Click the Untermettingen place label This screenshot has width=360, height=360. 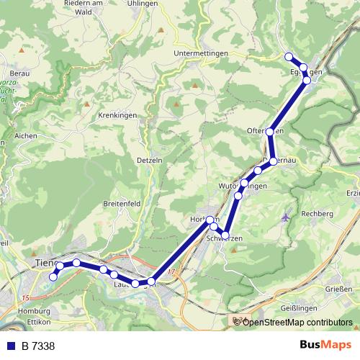click(201, 53)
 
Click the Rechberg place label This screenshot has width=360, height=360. click(317, 214)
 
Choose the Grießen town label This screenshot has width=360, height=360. click(339, 289)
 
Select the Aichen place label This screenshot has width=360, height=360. click(25, 135)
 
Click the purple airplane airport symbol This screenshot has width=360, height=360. click(289, 216)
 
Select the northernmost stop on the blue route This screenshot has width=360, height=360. click(289, 57)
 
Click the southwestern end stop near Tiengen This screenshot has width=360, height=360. click(53, 276)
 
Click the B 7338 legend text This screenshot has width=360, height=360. click(38, 346)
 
